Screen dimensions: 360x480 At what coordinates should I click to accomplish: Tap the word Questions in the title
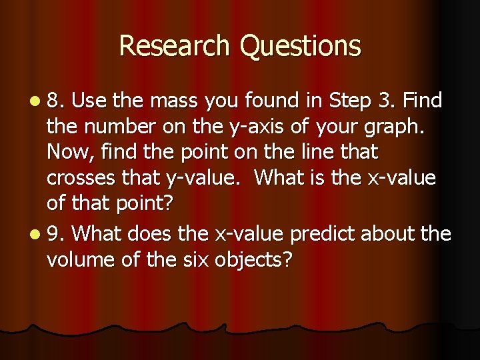[x=300, y=46]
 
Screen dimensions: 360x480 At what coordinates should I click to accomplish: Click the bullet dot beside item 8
[x=34, y=101]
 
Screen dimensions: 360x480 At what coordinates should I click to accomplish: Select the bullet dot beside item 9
[x=34, y=235]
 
